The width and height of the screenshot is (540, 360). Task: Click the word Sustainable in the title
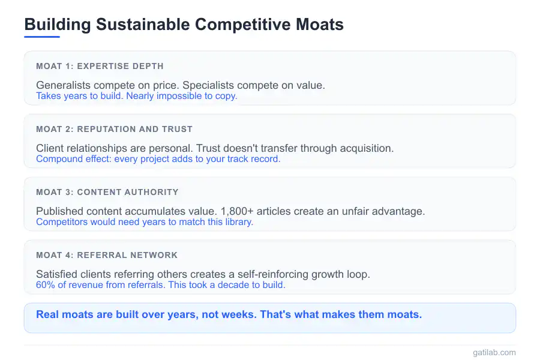143,25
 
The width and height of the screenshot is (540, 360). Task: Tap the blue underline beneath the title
42,37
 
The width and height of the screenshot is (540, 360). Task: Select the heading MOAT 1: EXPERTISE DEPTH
100,66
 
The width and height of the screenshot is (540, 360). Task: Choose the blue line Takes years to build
80,96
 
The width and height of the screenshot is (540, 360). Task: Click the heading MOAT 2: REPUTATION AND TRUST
115,129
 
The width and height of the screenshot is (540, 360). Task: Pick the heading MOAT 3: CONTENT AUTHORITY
107,192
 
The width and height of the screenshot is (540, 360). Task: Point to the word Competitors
62,222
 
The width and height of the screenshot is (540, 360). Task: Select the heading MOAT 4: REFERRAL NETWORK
107,255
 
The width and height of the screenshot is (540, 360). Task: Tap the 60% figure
46,285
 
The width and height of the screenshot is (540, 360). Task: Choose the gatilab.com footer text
494,353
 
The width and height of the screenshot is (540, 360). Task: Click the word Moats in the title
320,25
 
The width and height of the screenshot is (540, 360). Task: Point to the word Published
60,211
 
